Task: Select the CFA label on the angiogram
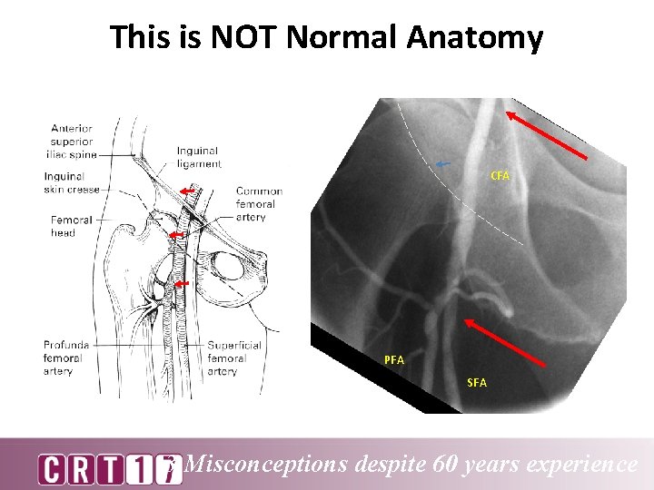coord(500,175)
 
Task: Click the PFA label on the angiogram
coord(394,360)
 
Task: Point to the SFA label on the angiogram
coord(477,383)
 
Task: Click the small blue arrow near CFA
coord(443,164)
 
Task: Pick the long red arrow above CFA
coord(546,133)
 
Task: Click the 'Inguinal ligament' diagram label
coord(199,157)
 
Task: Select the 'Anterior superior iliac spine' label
coord(72,142)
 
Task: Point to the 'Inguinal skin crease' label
coord(72,182)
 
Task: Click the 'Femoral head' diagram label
coord(71,226)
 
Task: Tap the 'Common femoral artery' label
coord(259,204)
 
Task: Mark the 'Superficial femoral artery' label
coord(234,358)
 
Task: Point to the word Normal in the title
coord(344,37)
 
